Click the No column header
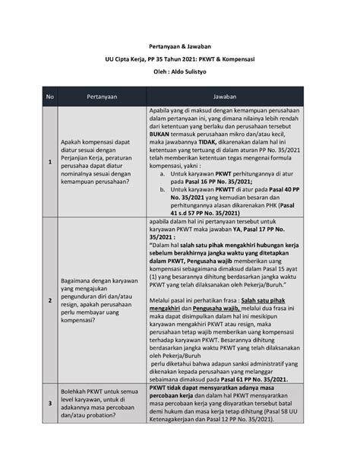[x=50, y=97]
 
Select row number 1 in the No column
[x=50, y=162]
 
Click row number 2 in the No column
[x=50, y=300]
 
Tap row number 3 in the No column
[x=50, y=407]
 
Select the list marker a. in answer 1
[x=162, y=173]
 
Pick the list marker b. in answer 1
[x=162, y=190]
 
